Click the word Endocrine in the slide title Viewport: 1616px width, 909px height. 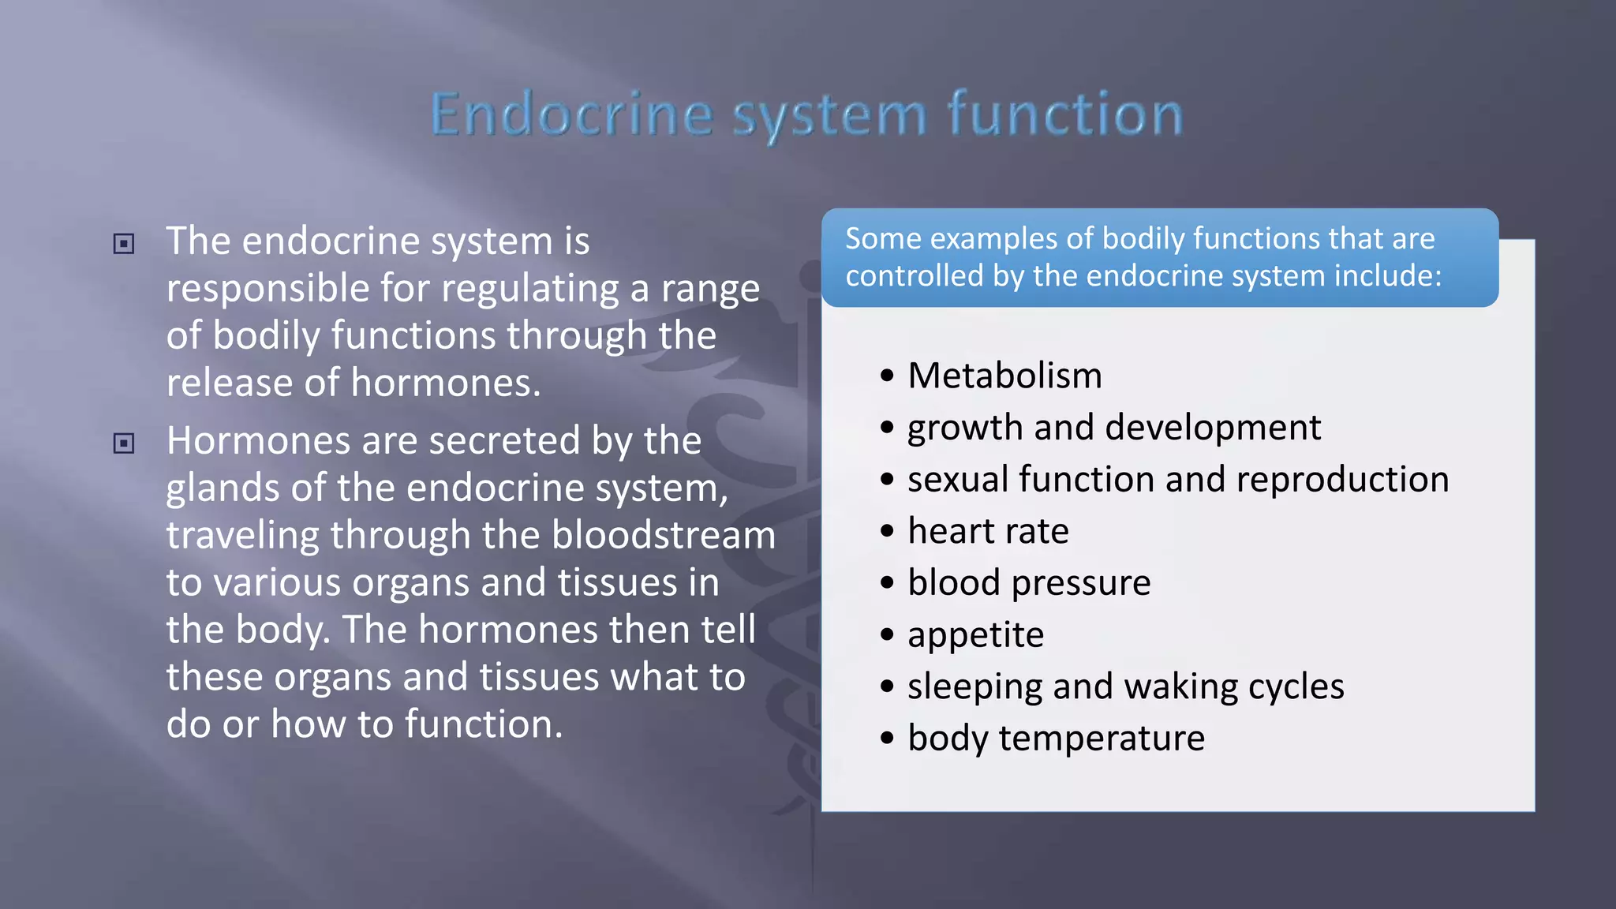pyautogui.click(x=572, y=115)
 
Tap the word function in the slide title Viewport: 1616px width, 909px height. pyautogui.click(x=1065, y=115)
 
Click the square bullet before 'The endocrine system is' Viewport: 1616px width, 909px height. pyautogui.click(x=124, y=244)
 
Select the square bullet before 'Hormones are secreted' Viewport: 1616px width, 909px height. pyautogui.click(x=124, y=443)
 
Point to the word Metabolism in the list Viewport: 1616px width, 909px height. pyautogui.click(x=1004, y=376)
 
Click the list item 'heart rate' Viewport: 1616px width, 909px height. pyautogui.click(x=988, y=531)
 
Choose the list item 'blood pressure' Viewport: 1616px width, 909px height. pyautogui.click(x=1029, y=583)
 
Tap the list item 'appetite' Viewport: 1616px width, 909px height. pyautogui.click(x=975, y=635)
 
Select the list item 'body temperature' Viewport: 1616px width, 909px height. pyautogui.click(x=1056, y=739)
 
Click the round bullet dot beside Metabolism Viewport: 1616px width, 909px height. pyautogui.click(x=888, y=376)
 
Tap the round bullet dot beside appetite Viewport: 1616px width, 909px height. pyautogui.click(x=888, y=634)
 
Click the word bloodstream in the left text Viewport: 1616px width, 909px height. pyautogui.click(x=664, y=535)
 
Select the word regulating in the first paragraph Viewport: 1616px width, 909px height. pyautogui.click(x=529, y=289)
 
